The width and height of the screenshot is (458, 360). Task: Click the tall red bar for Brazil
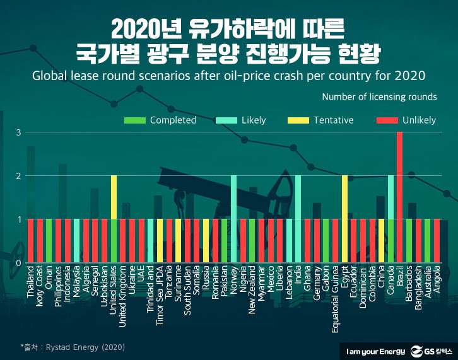coord(399,197)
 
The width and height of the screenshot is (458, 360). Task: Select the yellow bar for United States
coord(114,219)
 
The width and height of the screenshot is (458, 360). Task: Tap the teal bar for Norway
coord(233,219)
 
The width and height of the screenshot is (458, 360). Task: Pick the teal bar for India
coord(298,219)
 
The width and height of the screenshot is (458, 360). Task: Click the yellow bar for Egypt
coord(344,219)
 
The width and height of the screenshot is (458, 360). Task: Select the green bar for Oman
coord(49,241)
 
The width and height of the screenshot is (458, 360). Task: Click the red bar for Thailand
coord(31,241)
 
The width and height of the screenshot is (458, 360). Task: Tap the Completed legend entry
coord(160,120)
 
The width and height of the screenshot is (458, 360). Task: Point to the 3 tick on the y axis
coord(20,132)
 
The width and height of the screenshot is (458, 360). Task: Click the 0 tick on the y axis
coord(20,263)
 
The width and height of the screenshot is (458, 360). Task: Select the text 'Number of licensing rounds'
coord(379,97)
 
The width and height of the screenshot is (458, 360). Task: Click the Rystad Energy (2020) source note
coord(73,347)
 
